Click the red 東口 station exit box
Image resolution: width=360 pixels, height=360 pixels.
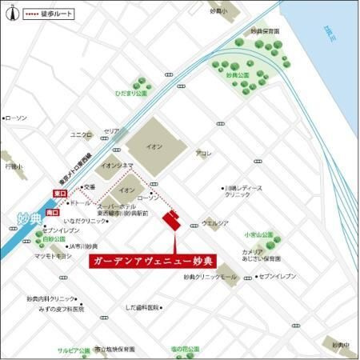[60, 194]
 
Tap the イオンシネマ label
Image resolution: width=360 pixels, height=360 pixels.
[115, 166]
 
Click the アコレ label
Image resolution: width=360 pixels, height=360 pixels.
[203, 153]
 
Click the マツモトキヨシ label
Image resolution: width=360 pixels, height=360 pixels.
[53, 256]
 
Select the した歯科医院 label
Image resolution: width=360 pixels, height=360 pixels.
[142, 307]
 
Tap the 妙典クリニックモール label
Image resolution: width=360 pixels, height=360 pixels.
[210, 277]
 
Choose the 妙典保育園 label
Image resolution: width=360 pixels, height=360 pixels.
[265, 31]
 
